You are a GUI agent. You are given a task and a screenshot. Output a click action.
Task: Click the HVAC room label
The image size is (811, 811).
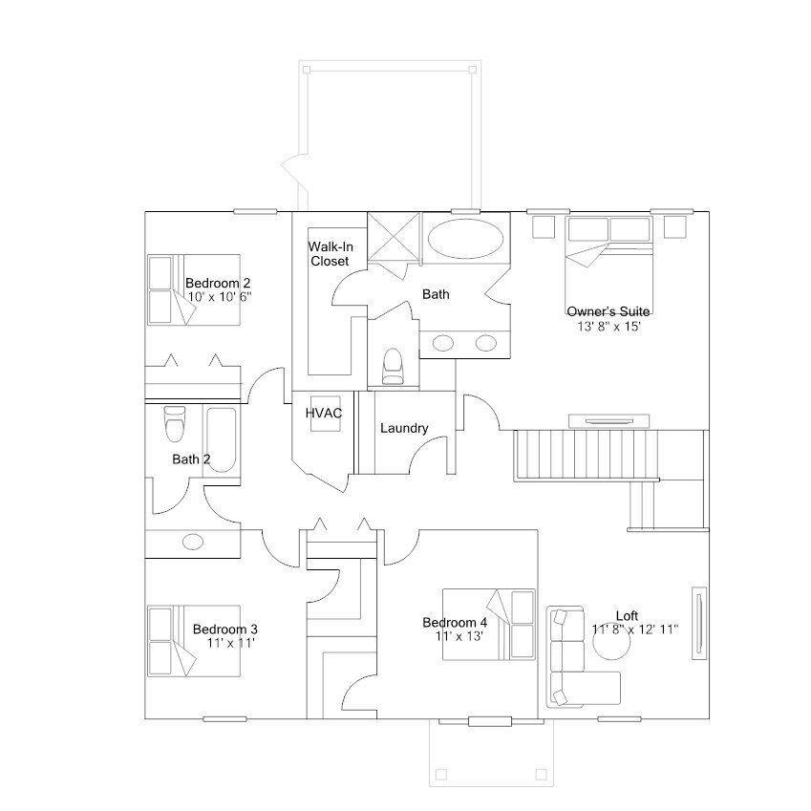(x=324, y=414)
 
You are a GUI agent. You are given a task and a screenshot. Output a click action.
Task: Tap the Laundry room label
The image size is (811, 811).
(x=404, y=428)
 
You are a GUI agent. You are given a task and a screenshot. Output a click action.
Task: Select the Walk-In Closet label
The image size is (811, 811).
(x=331, y=254)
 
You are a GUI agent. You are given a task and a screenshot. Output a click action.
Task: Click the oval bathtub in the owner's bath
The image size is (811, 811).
(x=466, y=239)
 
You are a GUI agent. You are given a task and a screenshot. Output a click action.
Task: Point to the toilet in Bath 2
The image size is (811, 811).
(x=174, y=424)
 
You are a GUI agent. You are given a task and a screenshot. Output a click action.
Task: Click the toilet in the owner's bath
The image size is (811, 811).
(x=393, y=366)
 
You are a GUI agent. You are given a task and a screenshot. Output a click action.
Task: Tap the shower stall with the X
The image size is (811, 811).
(x=394, y=238)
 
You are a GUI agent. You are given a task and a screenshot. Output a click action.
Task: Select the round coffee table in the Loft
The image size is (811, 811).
(x=611, y=641)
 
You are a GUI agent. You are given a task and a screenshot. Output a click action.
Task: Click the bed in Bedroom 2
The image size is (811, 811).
(x=194, y=289)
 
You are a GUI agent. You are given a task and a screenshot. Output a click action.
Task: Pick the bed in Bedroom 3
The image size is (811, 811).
(x=194, y=641)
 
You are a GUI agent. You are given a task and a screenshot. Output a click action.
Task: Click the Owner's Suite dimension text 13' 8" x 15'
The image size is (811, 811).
(x=608, y=327)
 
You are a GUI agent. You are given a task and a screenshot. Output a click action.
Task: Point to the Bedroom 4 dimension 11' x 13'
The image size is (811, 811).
(x=459, y=636)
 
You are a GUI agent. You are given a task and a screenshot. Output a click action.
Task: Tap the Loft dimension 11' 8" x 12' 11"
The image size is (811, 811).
(x=635, y=630)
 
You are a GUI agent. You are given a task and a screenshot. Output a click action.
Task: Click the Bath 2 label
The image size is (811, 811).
(x=191, y=459)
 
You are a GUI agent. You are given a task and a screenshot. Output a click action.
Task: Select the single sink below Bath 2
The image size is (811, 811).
(x=193, y=543)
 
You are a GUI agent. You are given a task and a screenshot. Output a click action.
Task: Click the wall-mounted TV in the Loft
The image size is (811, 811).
(x=699, y=623)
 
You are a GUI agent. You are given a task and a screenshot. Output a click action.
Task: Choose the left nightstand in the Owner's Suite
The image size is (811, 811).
(x=544, y=226)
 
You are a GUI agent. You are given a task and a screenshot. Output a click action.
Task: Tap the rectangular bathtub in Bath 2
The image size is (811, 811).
(x=222, y=439)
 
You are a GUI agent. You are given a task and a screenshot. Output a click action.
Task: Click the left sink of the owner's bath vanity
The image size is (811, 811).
(x=442, y=343)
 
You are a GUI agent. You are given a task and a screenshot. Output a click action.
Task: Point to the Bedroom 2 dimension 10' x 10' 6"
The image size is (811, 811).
(x=220, y=297)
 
